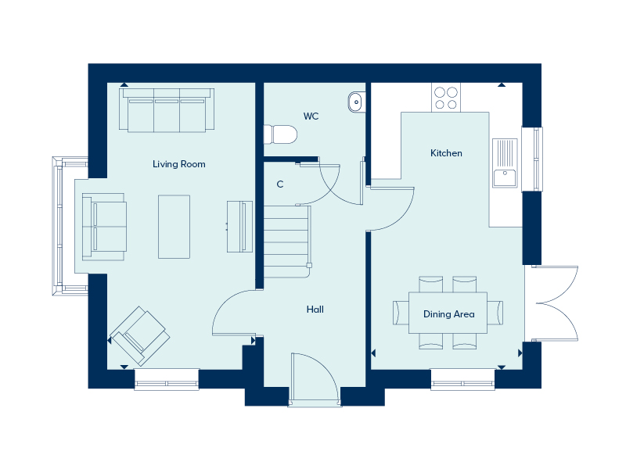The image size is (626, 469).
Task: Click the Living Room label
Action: coord(179,164)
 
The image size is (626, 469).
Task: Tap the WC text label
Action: coord(311,116)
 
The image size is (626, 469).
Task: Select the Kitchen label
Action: coord(446,153)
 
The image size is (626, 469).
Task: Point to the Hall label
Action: coord(315,309)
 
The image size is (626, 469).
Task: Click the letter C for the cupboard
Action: coord(280,184)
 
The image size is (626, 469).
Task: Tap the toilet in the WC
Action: coord(281,134)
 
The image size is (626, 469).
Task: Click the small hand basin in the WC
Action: coord(356,102)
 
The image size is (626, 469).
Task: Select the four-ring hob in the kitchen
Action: coord(446,98)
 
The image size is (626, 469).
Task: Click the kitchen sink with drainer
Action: coord(505,163)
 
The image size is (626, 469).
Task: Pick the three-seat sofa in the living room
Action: coord(167,110)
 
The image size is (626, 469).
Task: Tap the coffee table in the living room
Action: coord(174,227)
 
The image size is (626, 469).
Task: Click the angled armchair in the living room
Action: coord(140,336)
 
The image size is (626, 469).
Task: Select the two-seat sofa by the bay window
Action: coord(104,227)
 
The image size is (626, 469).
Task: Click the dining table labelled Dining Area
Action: coord(448,313)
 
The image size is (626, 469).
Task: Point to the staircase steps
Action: coord(286,242)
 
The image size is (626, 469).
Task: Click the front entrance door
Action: coord(315,380)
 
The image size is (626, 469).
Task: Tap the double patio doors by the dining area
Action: coord(552,303)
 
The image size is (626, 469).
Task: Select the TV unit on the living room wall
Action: coord(239,227)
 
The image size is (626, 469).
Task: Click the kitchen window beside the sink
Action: coord(533,159)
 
